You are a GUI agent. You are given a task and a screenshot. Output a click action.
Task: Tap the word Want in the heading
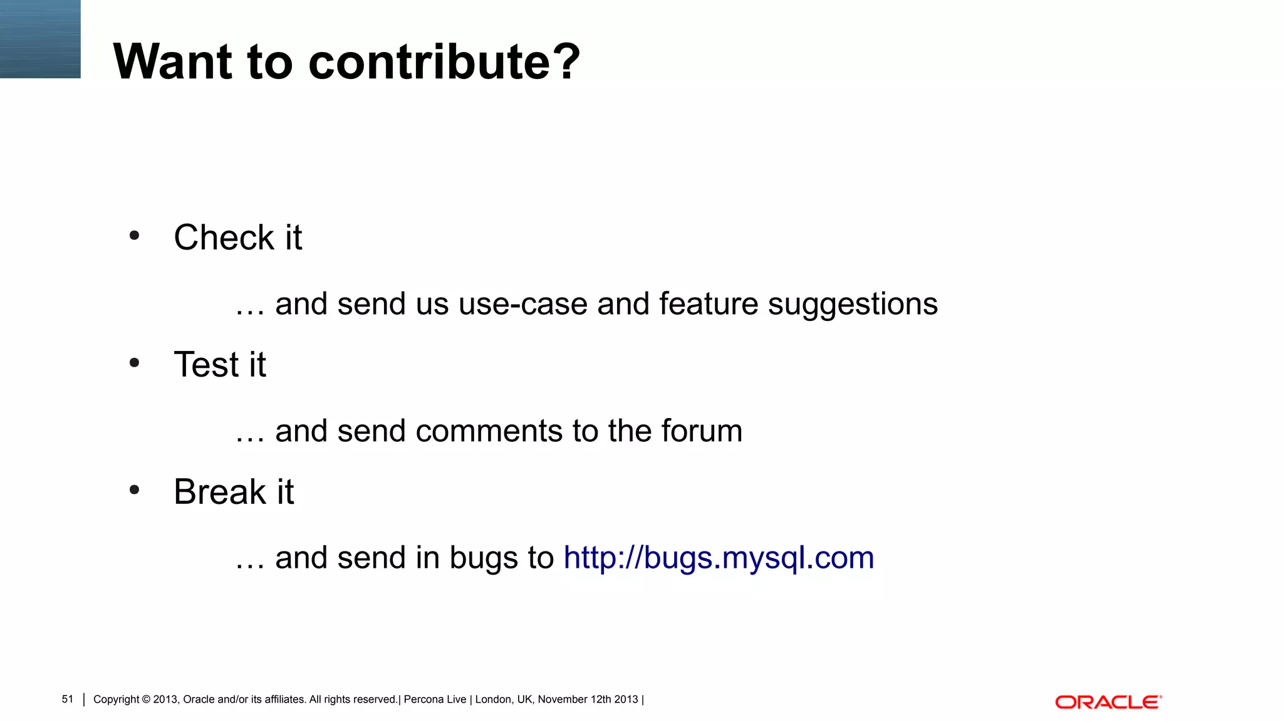173,61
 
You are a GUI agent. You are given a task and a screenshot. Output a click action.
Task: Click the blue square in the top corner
40,39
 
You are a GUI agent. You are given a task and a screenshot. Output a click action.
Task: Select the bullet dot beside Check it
134,236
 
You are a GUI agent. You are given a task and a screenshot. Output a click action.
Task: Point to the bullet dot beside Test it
134,363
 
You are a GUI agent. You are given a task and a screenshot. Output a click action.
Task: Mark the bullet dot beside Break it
134,489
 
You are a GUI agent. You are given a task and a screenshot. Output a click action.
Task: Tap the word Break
219,491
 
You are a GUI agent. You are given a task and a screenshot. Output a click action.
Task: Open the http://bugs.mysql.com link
719,558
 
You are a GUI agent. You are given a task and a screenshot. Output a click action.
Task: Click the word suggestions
853,305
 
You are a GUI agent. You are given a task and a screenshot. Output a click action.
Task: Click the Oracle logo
1108,702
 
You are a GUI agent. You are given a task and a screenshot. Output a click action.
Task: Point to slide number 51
67,699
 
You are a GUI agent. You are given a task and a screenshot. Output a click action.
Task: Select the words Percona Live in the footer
435,699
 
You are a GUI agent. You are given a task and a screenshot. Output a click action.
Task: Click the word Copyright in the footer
117,699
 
